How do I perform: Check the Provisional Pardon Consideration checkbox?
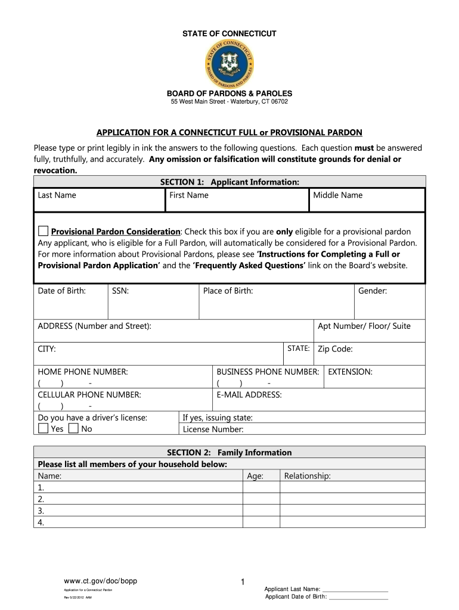click(x=44, y=231)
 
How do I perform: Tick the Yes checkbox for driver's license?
click(x=44, y=428)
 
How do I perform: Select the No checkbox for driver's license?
click(x=73, y=428)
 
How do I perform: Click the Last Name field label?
click(x=57, y=195)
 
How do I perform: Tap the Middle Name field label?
click(x=338, y=195)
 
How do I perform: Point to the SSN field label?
click(x=121, y=291)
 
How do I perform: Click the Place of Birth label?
click(x=228, y=291)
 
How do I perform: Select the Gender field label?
click(x=373, y=291)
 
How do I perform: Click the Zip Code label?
click(x=335, y=349)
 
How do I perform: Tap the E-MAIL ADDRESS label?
click(x=249, y=394)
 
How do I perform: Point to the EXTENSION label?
click(x=351, y=372)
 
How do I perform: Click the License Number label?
click(x=213, y=429)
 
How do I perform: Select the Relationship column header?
click(x=308, y=476)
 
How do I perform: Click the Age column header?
click(x=255, y=476)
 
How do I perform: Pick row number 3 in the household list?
click(x=41, y=511)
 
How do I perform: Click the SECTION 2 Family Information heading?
click(x=229, y=453)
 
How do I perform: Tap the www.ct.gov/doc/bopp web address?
click(x=101, y=581)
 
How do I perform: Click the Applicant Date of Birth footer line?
click(x=327, y=597)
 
